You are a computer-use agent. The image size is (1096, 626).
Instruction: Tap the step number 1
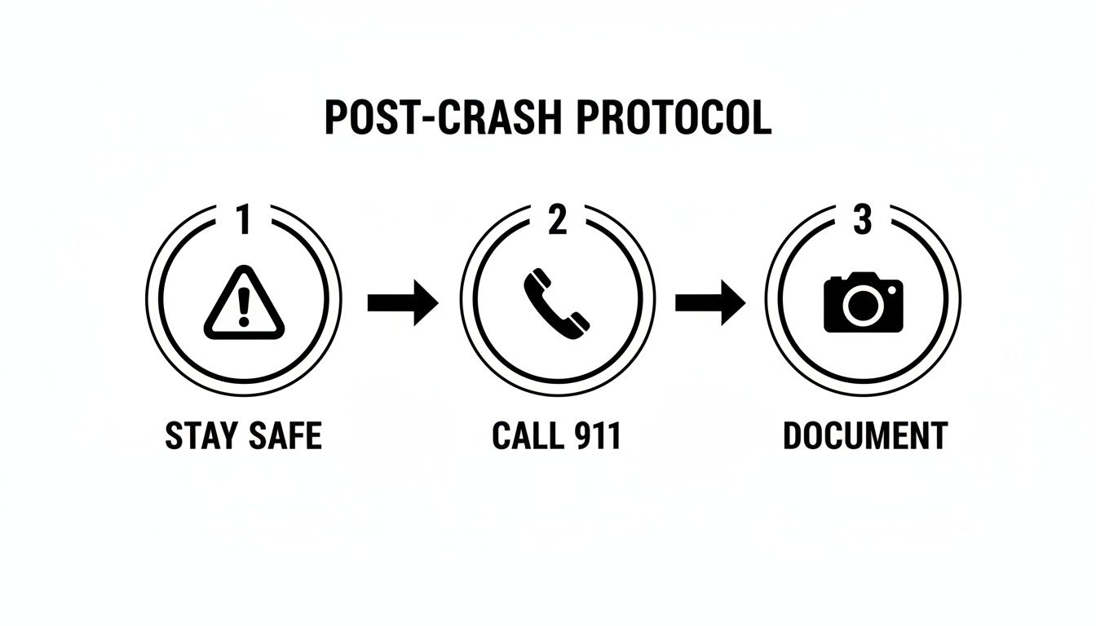click(242, 221)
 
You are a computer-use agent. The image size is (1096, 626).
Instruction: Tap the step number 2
click(557, 221)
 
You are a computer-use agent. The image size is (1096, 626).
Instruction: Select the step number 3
click(862, 221)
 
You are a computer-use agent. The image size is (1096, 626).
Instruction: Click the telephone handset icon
click(557, 302)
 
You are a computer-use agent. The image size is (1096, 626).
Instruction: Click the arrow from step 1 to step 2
click(402, 302)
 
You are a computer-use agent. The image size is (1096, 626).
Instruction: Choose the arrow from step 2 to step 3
click(709, 302)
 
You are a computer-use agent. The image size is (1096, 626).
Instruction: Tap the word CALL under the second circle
click(527, 436)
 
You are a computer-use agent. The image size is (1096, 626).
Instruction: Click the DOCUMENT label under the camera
click(864, 436)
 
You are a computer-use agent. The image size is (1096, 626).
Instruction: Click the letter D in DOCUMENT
click(793, 436)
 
